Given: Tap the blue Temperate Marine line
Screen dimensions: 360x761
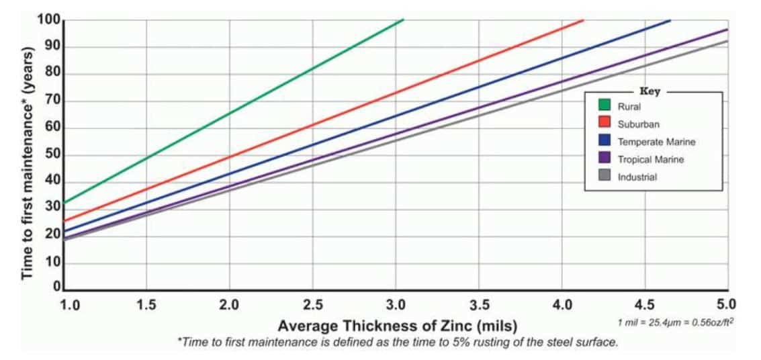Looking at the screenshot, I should point(479,85).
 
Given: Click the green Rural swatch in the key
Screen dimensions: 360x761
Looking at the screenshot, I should point(605,105).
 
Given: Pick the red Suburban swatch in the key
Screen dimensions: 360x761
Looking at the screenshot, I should point(605,124).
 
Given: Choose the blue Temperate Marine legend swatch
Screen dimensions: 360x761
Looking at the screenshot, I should point(605,142).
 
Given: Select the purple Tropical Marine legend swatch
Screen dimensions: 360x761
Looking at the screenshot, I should point(605,159).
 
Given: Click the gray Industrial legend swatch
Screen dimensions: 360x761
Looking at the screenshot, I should point(605,177).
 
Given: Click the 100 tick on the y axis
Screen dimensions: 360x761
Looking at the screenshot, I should point(52,21).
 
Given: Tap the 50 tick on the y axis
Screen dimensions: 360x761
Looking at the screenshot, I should point(54,154).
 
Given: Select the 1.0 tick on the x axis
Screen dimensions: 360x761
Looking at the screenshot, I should point(69,305).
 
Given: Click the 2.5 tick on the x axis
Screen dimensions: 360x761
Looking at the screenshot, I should point(314,305).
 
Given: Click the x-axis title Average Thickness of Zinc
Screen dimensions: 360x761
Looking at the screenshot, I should point(398,326).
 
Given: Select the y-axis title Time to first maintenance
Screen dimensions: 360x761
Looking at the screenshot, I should point(28,163).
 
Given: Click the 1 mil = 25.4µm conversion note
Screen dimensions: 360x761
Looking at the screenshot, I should point(676,322).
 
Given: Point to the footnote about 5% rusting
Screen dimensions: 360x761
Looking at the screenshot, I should point(398,343).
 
